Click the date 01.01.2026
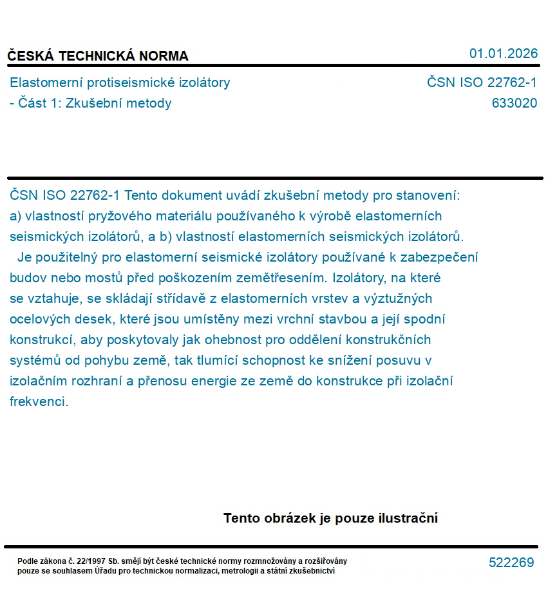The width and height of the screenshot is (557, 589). tap(503, 53)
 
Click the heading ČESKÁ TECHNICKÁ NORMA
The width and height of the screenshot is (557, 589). tap(98, 56)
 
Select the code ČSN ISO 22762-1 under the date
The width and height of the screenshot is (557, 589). tap(482, 82)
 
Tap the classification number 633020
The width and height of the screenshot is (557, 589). tap(514, 103)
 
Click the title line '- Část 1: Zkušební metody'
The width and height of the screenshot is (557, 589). tap(91, 103)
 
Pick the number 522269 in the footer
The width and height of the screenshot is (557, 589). tap(511, 563)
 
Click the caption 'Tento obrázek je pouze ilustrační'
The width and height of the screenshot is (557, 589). tap(330, 518)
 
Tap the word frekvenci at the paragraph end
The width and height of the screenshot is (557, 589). tap(39, 401)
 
